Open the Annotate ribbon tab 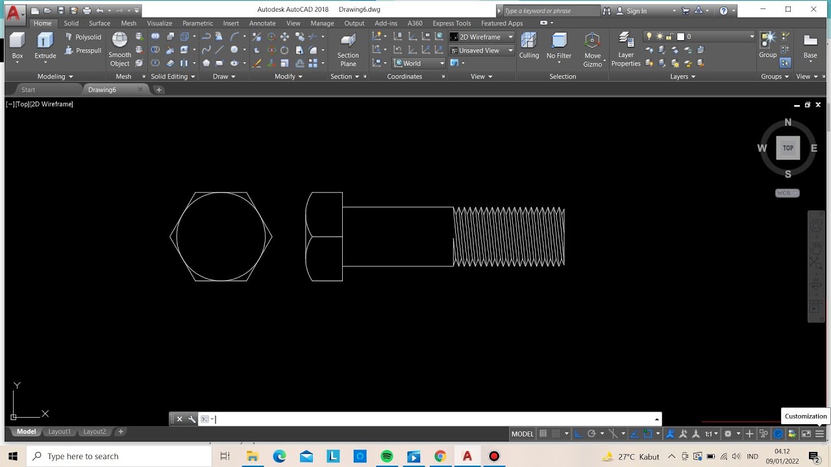(x=262, y=23)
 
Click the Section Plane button (x=348, y=49)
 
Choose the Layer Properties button (x=626, y=49)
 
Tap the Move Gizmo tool (x=592, y=49)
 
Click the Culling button (x=528, y=46)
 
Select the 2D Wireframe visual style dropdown (x=481, y=37)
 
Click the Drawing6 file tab (x=103, y=90)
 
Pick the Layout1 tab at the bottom (x=60, y=431)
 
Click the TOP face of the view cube (x=788, y=148)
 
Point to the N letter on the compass (x=788, y=123)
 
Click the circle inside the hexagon (x=177, y=237)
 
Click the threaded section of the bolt (x=509, y=237)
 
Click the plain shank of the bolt (x=397, y=237)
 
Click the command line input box (x=428, y=419)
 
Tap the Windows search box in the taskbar (x=120, y=456)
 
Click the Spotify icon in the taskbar (x=387, y=456)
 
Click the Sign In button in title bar (x=636, y=10)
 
